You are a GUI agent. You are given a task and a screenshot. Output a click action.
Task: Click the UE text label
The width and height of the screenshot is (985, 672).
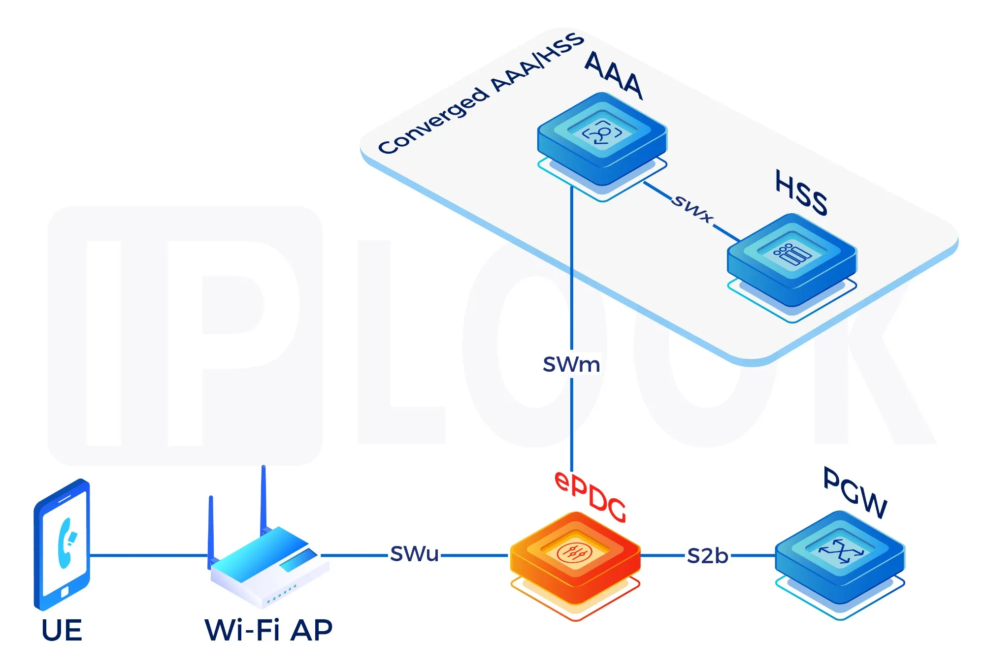pyautogui.click(x=62, y=631)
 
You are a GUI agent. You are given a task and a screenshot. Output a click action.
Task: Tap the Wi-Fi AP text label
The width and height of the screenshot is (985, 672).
pyautogui.click(x=268, y=631)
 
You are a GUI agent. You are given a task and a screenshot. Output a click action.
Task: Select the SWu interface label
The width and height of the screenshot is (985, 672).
pyautogui.click(x=414, y=554)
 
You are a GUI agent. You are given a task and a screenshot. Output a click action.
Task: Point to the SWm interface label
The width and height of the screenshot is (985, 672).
pyautogui.click(x=571, y=365)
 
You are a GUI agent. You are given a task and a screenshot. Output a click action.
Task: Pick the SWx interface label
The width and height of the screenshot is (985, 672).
pyautogui.click(x=692, y=208)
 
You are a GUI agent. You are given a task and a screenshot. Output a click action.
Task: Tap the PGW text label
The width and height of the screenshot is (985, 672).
pyautogui.click(x=855, y=492)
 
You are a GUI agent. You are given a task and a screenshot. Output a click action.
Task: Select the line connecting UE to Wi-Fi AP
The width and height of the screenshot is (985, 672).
pyautogui.click(x=148, y=555)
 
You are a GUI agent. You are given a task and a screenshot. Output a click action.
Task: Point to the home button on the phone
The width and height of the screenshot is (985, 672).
pyautogui.click(x=65, y=592)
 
